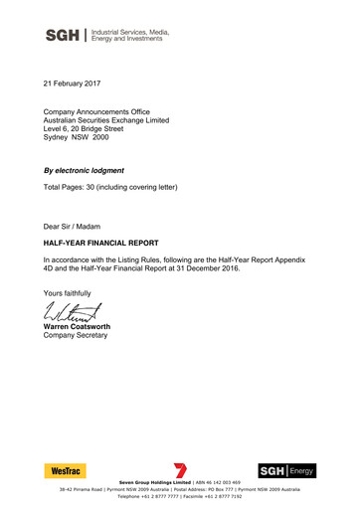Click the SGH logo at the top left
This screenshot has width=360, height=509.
pyautogui.click(x=64, y=37)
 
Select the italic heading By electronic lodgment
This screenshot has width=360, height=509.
pyautogui.click(x=97, y=171)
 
